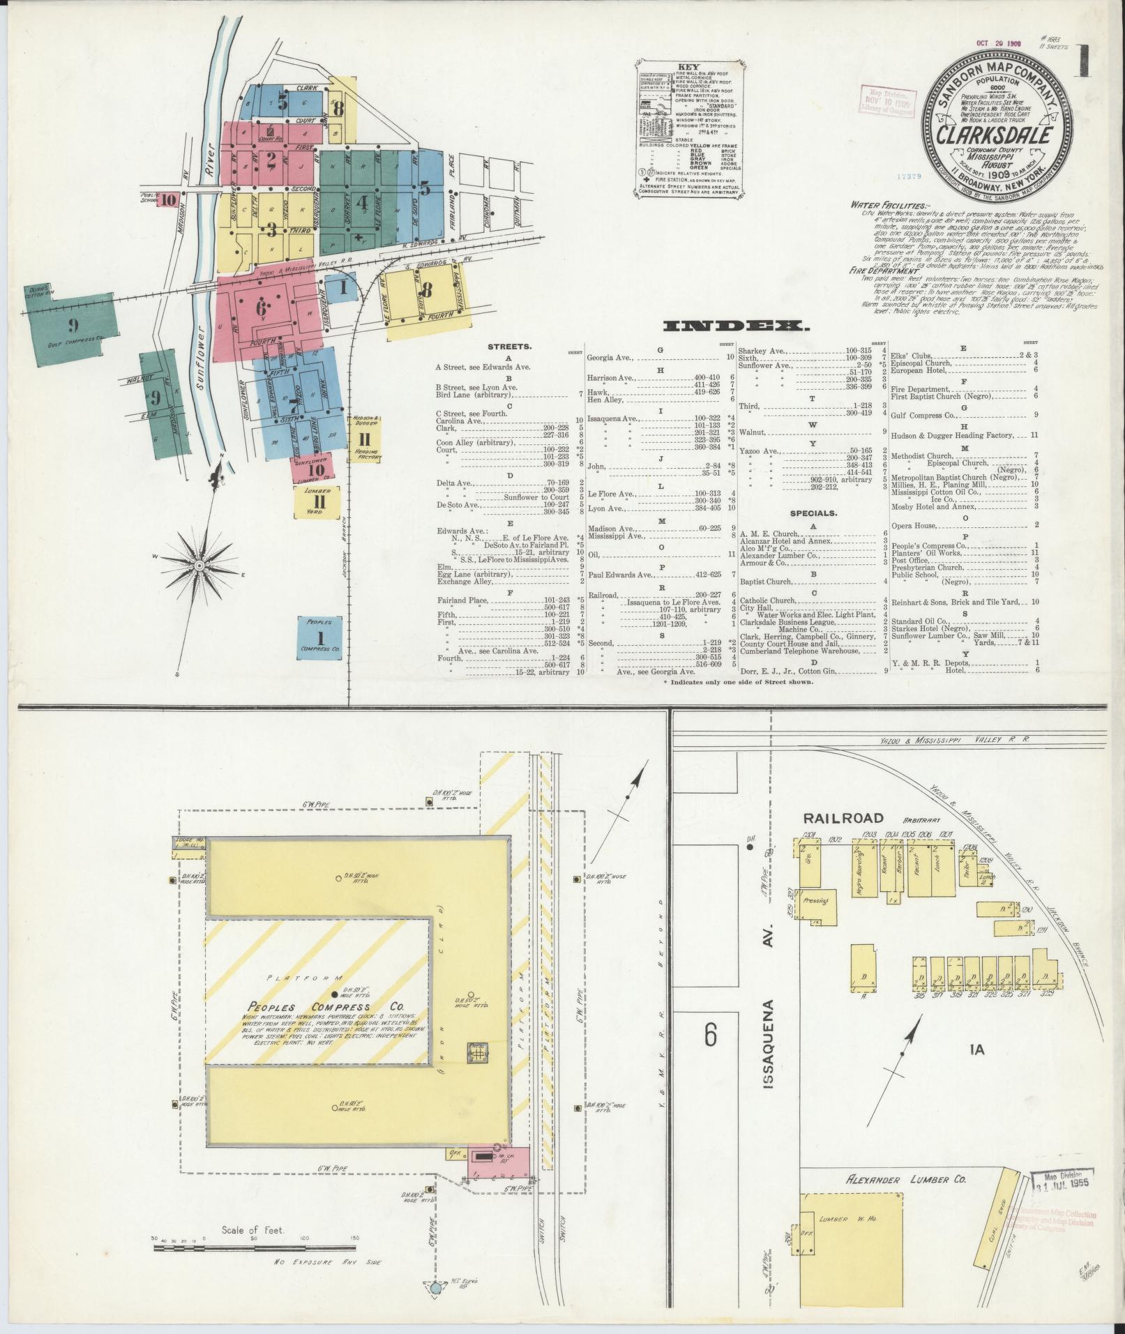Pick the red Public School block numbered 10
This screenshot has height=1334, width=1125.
(169, 199)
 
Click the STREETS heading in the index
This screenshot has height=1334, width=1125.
(509, 346)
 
